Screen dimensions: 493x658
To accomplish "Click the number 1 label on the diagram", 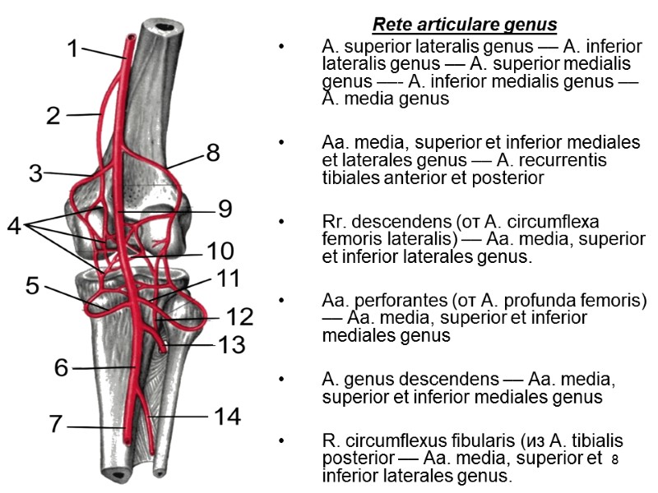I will click(x=72, y=50).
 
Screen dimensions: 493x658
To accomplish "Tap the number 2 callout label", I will click(x=53, y=115).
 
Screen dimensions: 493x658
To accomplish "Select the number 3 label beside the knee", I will click(x=35, y=173).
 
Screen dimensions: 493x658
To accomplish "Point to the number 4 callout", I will click(x=15, y=225).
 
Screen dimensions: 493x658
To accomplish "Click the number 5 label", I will click(x=32, y=286).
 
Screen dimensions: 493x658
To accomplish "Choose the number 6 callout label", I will click(x=62, y=367).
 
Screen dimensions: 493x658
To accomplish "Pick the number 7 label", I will click(x=55, y=425).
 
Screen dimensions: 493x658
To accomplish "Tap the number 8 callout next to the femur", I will click(x=212, y=152).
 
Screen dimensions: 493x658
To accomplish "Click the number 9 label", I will click(x=225, y=210).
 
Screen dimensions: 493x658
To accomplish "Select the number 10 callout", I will click(x=220, y=251).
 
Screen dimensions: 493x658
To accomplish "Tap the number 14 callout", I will click(x=227, y=417).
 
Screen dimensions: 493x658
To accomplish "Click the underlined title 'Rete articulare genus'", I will click(x=465, y=25).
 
